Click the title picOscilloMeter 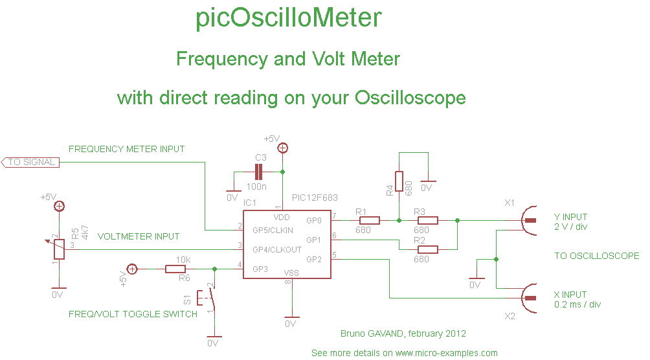tap(288, 19)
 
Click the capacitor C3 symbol tap(259, 172)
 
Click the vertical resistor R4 tap(399, 182)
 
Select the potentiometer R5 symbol tap(59, 249)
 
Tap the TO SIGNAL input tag tap(31, 163)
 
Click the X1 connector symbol tap(530, 220)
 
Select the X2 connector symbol tap(530, 298)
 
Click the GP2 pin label tap(314, 259)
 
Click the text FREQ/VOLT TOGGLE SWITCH tap(133, 314)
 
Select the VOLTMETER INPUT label tap(139, 236)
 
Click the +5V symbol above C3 tap(282, 148)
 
